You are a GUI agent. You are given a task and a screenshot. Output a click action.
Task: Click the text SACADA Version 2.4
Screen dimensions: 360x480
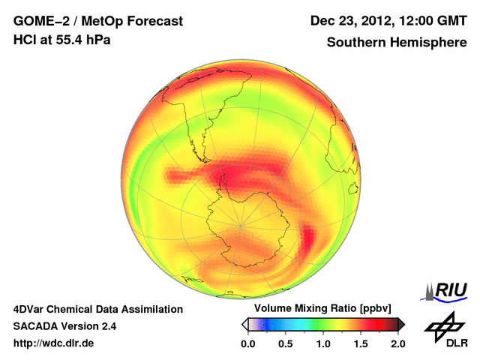click(64, 326)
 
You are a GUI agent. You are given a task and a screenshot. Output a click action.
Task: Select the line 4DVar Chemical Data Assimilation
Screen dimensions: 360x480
click(97, 309)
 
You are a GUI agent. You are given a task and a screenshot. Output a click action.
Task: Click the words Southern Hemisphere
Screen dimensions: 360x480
click(396, 43)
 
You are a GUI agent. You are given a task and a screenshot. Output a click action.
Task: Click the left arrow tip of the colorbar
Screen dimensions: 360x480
click(244, 324)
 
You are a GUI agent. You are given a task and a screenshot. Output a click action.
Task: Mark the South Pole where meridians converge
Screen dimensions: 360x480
click(241, 224)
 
